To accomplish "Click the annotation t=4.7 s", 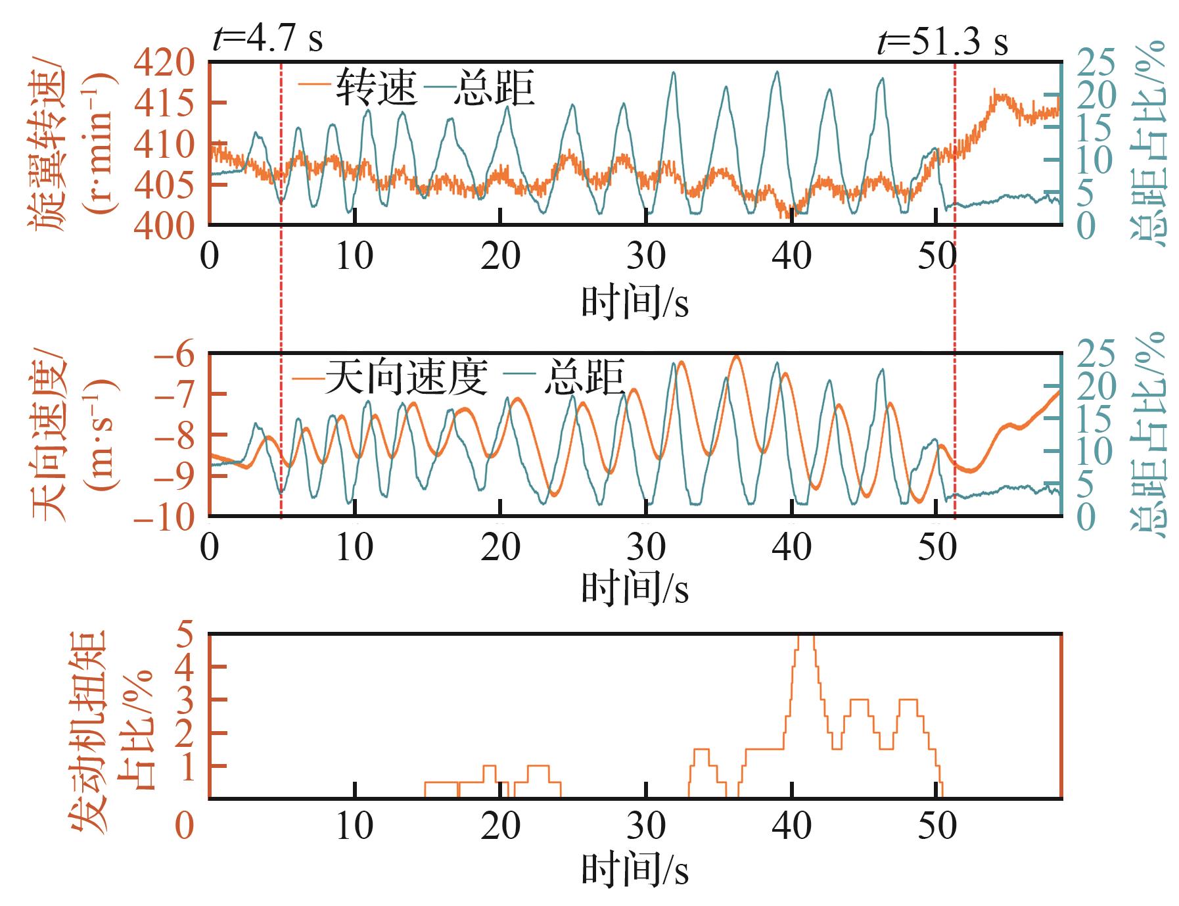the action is click(x=267, y=39).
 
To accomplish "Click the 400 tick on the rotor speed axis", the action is click(x=165, y=226).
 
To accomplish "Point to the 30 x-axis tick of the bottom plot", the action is click(x=647, y=827).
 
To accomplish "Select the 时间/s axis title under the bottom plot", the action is click(x=635, y=872).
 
